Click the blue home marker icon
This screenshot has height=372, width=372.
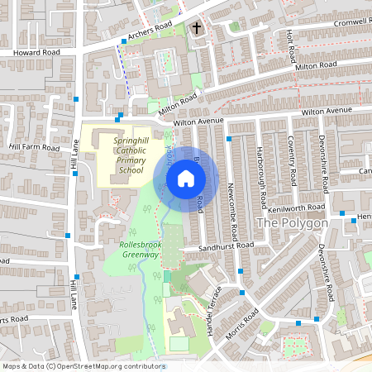pos(186,178)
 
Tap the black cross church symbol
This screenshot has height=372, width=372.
pos(197,29)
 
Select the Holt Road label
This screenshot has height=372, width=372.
pos(290,48)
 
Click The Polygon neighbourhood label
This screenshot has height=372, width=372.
pos(293,223)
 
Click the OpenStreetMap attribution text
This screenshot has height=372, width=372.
pos(83,365)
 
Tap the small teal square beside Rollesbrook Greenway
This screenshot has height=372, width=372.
pos(166,274)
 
